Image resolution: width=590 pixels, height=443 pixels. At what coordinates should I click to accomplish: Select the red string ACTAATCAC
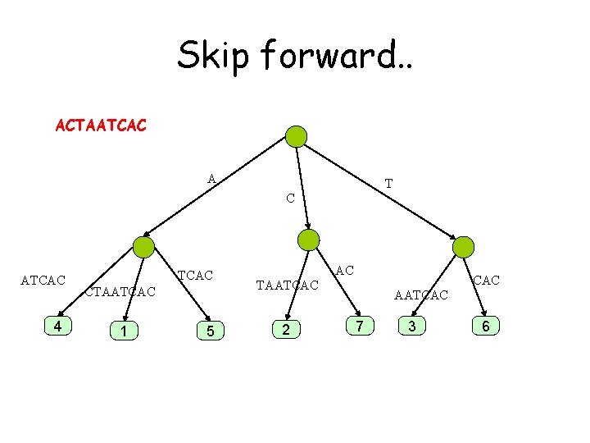pyautogui.click(x=101, y=126)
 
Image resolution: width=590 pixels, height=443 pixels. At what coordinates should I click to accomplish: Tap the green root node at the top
pyautogui.click(x=296, y=136)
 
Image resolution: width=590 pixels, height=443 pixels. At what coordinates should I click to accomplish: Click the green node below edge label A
pyautogui.click(x=144, y=247)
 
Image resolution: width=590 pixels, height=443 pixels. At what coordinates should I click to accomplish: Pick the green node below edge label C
pyautogui.click(x=309, y=240)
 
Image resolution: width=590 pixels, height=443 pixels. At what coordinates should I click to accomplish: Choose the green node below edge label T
pyautogui.click(x=463, y=246)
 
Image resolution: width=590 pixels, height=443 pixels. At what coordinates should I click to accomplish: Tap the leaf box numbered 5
pyautogui.click(x=211, y=331)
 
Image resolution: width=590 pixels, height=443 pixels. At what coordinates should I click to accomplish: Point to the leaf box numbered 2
pyautogui.click(x=284, y=330)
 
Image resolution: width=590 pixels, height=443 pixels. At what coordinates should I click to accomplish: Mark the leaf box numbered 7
pyautogui.click(x=358, y=327)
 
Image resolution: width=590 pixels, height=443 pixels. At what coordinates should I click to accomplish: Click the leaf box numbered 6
pyautogui.click(x=486, y=327)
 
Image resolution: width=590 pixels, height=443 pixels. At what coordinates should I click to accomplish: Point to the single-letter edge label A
pyautogui.click(x=211, y=179)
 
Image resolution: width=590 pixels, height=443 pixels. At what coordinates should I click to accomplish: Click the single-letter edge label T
pyautogui.click(x=388, y=184)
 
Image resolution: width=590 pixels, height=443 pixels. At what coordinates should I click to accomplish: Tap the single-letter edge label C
pyautogui.click(x=290, y=199)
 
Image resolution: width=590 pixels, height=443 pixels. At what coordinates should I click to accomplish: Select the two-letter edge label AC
pyautogui.click(x=344, y=270)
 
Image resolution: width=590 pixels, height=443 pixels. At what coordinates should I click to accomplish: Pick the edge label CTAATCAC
pyautogui.click(x=120, y=291)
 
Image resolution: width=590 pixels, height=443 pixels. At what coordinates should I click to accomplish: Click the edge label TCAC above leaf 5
pyautogui.click(x=196, y=276)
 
